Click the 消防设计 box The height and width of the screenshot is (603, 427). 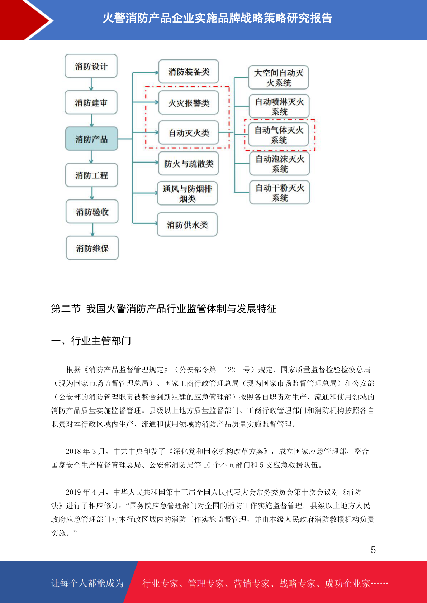(x=91, y=66)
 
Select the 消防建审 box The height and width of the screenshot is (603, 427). (x=91, y=102)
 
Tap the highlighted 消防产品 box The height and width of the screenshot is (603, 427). (x=91, y=139)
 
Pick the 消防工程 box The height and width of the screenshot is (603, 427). (x=91, y=175)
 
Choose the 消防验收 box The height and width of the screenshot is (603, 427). (x=92, y=212)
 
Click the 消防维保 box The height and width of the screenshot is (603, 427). (x=92, y=248)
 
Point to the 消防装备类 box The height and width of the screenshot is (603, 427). (x=189, y=72)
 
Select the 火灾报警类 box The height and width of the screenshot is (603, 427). (x=189, y=103)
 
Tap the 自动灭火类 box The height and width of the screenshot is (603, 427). (x=189, y=133)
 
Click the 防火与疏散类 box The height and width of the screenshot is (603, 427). (x=189, y=164)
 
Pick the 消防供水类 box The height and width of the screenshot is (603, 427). (x=187, y=225)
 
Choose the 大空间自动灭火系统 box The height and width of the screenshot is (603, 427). (x=279, y=77)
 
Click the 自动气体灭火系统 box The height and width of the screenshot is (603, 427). (x=279, y=135)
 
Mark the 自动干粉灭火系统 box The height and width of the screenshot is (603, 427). (x=280, y=193)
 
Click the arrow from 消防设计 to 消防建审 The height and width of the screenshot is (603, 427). (x=91, y=85)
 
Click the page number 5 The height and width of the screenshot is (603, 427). (x=373, y=550)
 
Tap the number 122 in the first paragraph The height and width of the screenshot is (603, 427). (x=229, y=370)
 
